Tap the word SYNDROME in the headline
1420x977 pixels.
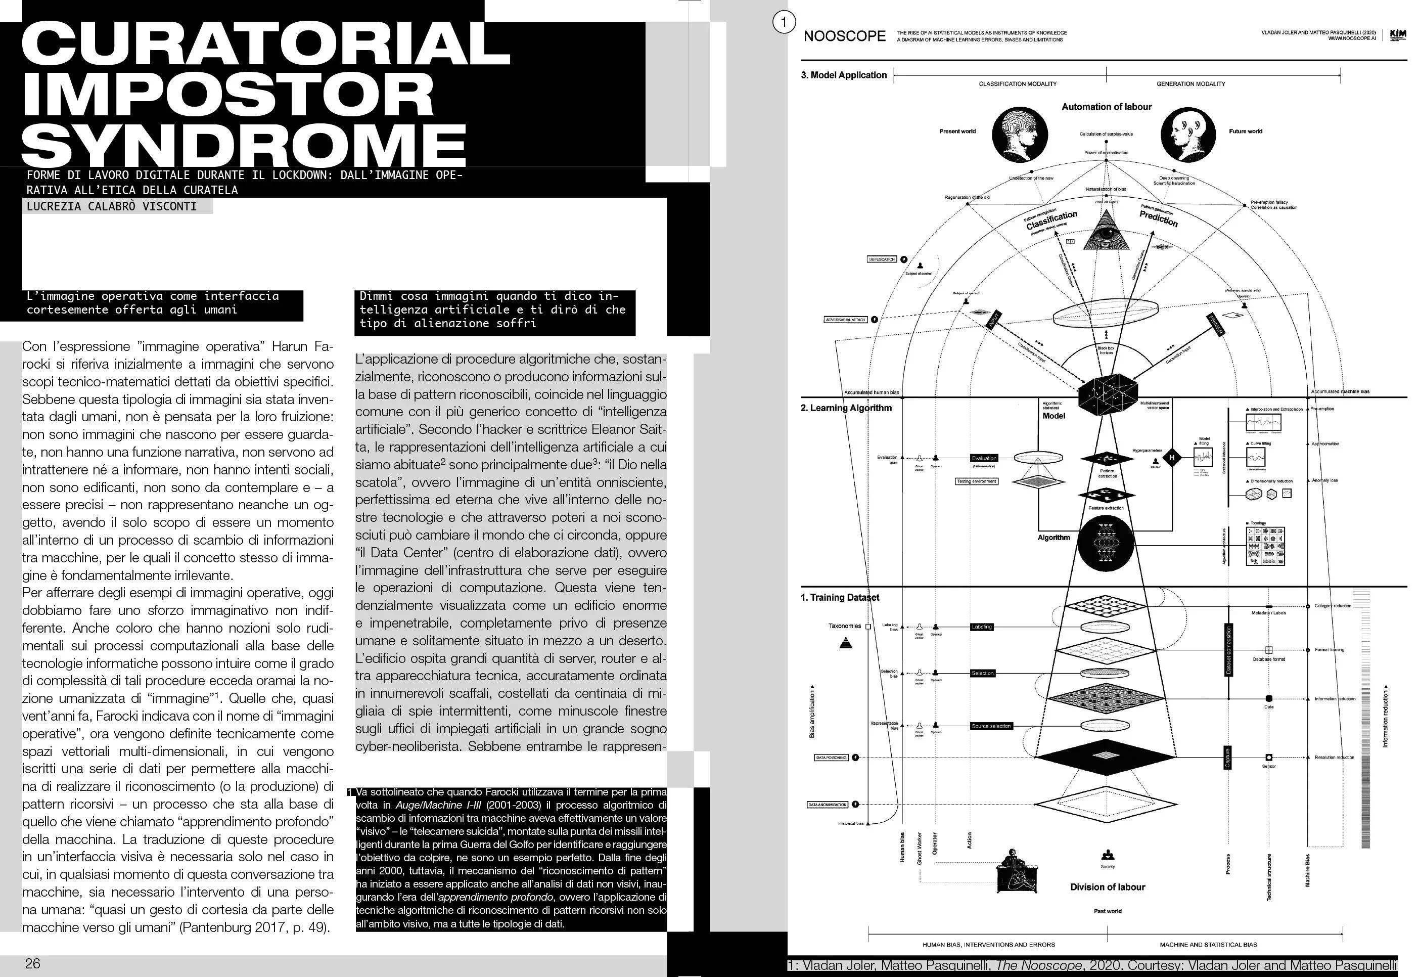pos(244,145)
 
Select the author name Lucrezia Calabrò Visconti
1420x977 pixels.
pos(112,206)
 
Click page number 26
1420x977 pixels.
pos(32,963)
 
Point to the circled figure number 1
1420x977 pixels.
pos(784,23)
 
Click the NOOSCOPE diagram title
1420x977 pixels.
pos(844,36)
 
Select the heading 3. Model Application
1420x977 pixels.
pos(844,75)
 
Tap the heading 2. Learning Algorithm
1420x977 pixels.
pos(846,408)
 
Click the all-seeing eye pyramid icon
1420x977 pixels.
pos(1106,231)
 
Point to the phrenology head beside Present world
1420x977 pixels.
pos(1020,134)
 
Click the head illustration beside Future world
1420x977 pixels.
pos(1187,134)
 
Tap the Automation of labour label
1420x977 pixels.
pos(1106,107)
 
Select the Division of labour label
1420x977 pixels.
pos(1108,887)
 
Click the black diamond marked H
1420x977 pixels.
pos(1172,457)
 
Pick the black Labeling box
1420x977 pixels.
pos(981,627)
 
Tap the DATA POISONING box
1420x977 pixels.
pos(831,758)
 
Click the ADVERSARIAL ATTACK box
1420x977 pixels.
pos(846,320)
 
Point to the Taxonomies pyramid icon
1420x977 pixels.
pos(846,643)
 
